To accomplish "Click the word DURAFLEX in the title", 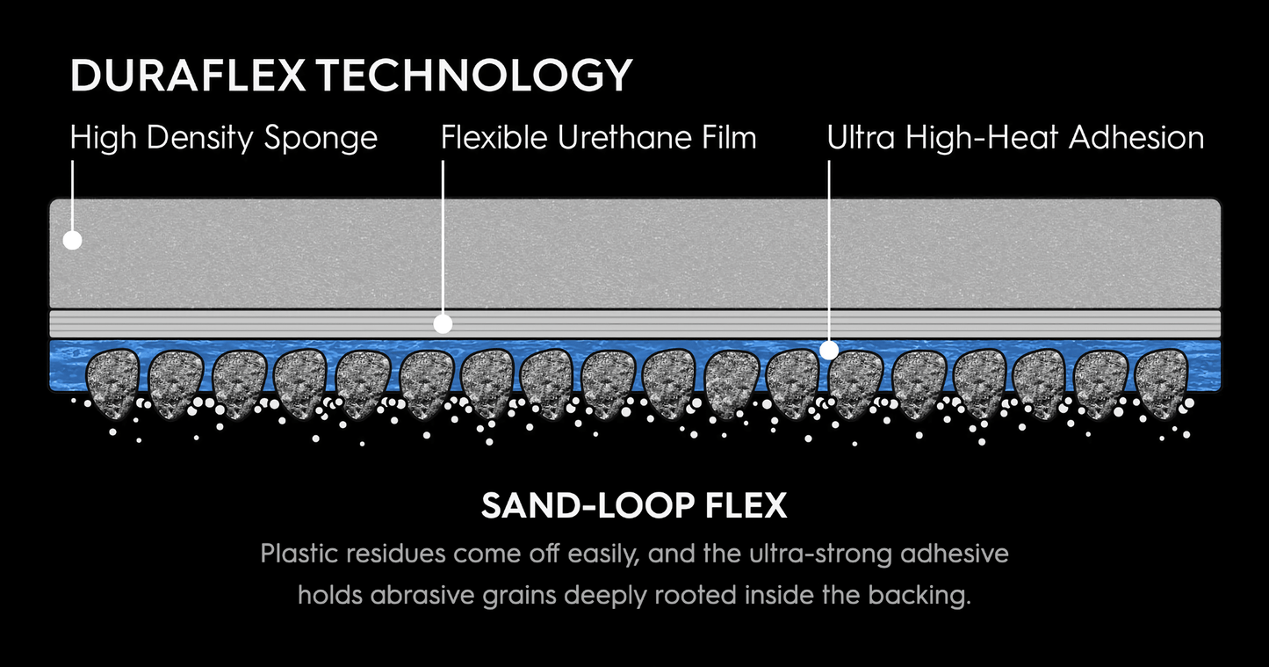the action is (188, 75).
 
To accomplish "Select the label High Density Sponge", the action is (224, 139).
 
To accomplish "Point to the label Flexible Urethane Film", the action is (599, 138).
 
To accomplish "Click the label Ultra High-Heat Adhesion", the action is (1015, 138).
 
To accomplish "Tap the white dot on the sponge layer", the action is (73, 240).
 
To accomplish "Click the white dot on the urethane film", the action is (443, 324).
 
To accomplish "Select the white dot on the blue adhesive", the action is (829, 351).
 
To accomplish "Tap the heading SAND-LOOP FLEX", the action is (634, 505).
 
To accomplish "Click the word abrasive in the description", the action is (422, 595).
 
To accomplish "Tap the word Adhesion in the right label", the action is (1136, 138).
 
